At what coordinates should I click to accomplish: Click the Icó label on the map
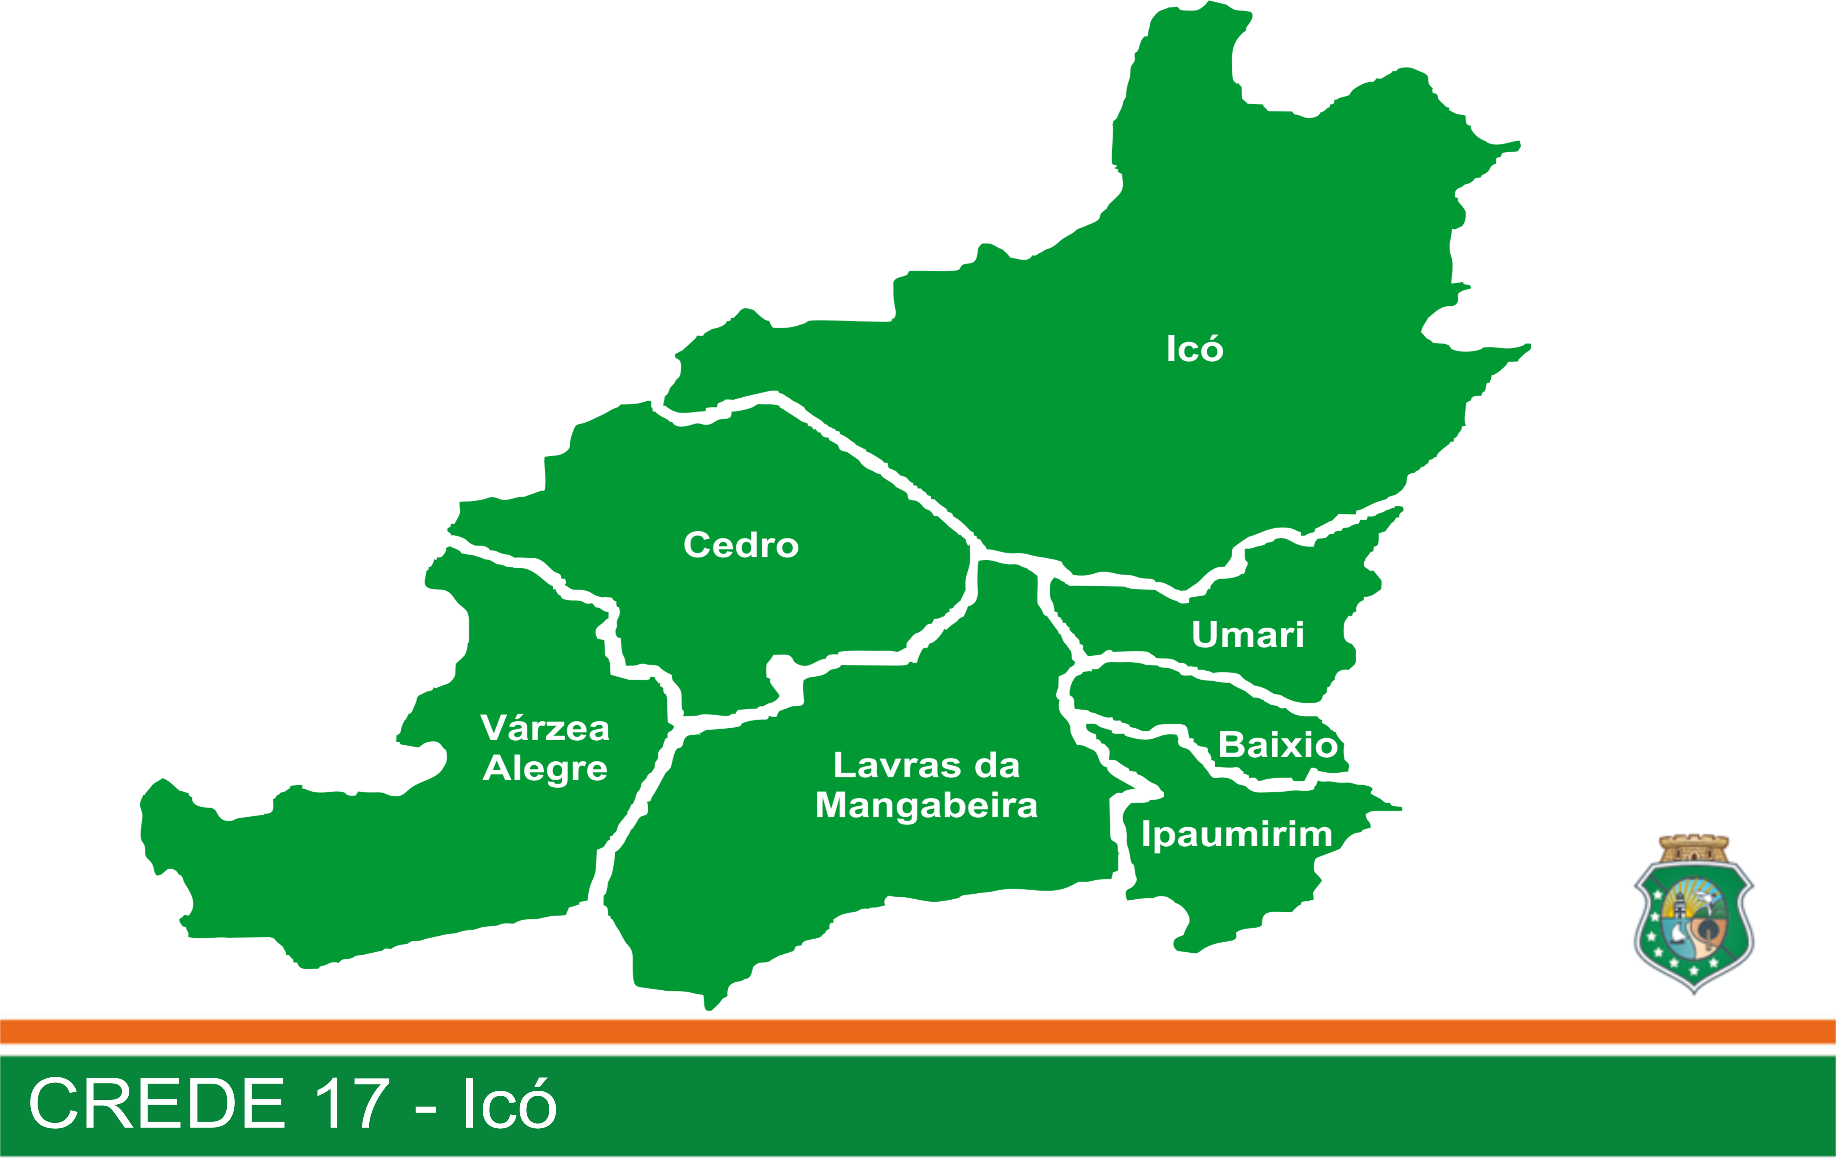pyautogui.click(x=1194, y=349)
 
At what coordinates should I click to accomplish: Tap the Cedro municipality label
pyautogui.click(x=740, y=545)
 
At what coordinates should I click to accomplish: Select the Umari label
pyautogui.click(x=1247, y=634)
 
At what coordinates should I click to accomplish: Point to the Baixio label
pyautogui.click(x=1277, y=745)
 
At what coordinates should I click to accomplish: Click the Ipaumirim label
pyautogui.click(x=1237, y=834)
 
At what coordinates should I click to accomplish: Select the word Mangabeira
pyautogui.click(x=926, y=805)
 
